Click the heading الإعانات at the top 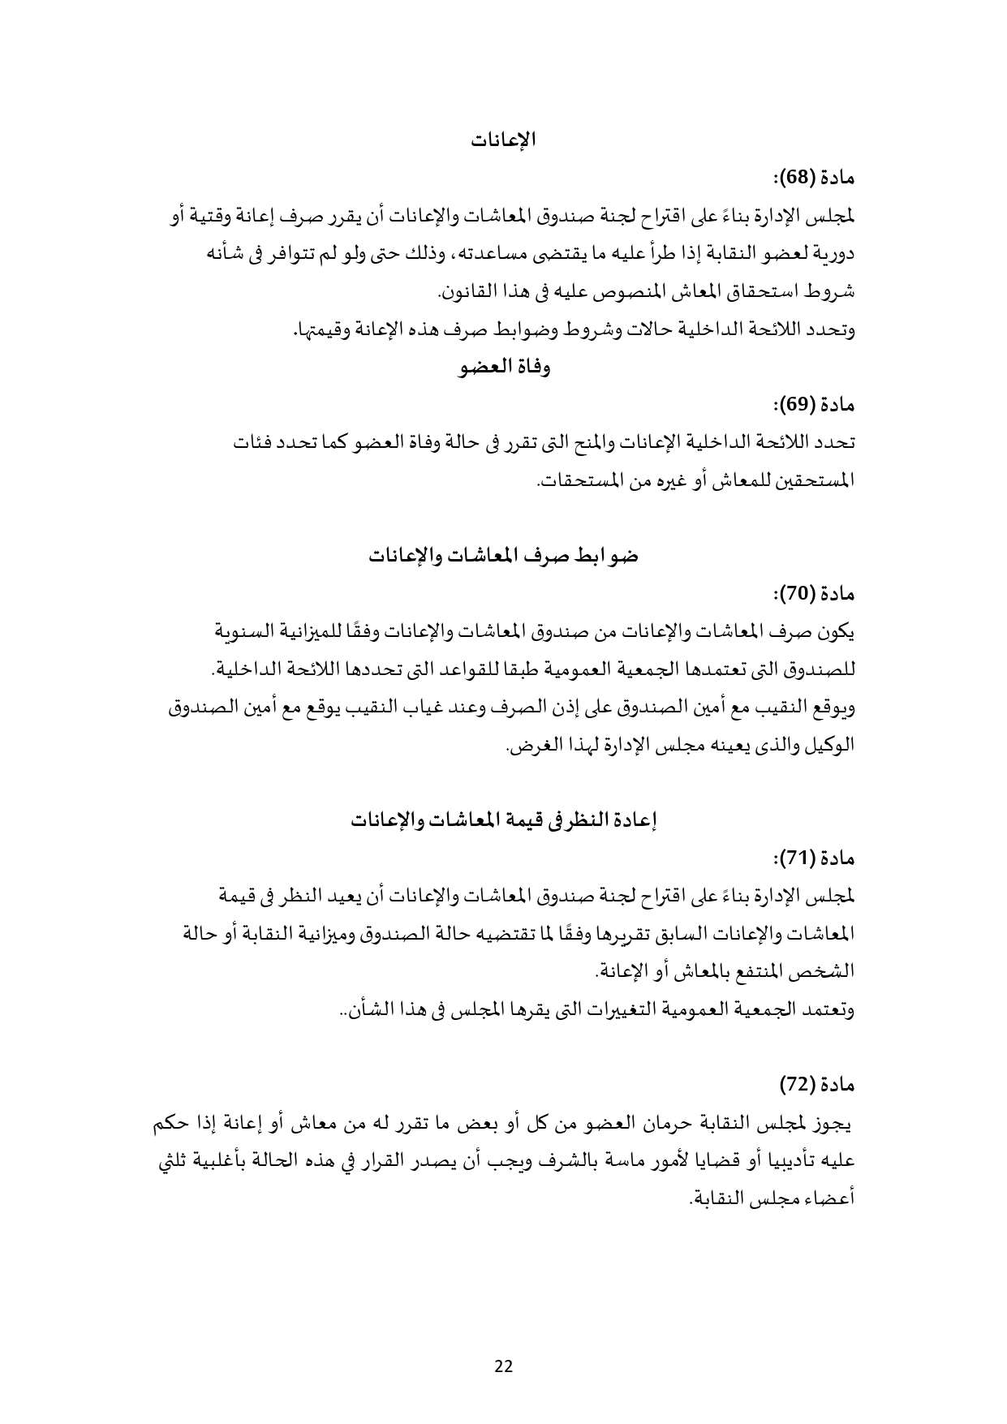(504, 139)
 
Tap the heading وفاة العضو (504, 368)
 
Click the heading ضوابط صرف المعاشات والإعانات (504, 557)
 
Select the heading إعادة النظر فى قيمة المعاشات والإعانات (504, 820)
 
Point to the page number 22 (503, 1366)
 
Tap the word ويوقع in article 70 (835, 708)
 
